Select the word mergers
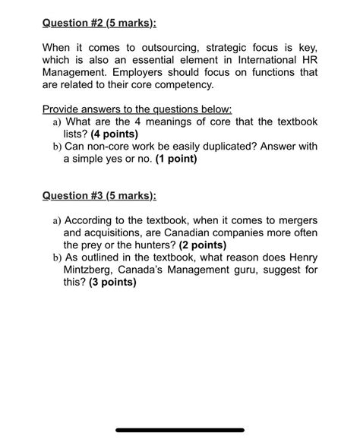(296, 220)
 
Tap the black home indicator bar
(180, 430)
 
